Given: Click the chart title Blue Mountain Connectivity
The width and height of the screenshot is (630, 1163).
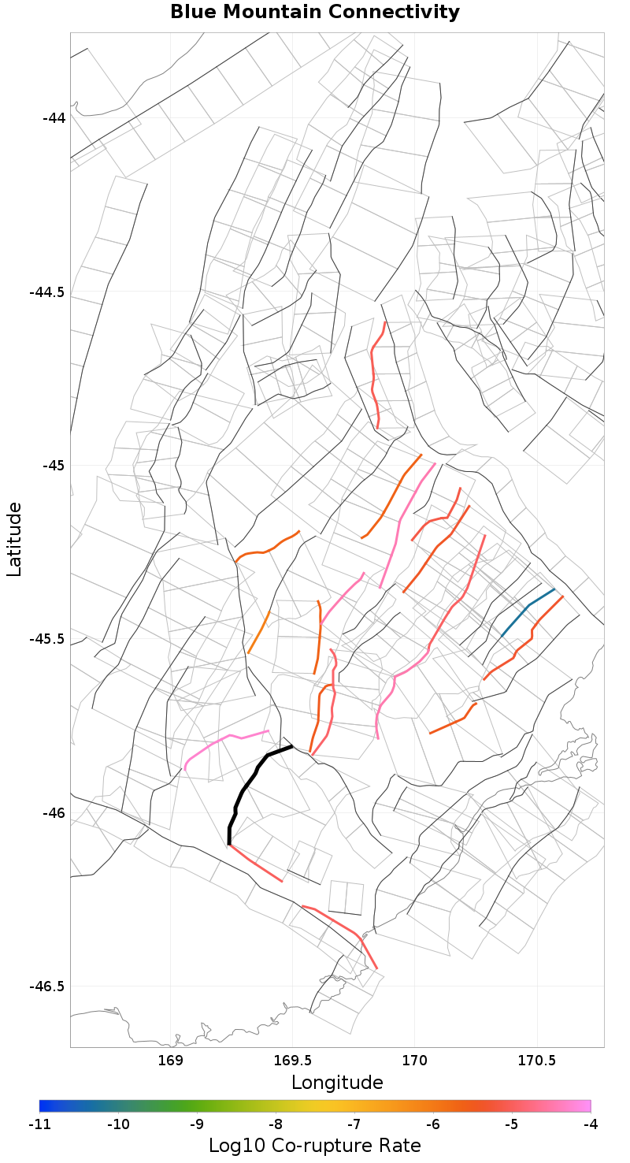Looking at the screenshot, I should pos(315,13).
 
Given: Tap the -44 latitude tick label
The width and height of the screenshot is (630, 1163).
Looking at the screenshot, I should pos(54,118).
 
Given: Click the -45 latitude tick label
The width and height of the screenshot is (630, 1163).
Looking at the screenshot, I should pos(54,466).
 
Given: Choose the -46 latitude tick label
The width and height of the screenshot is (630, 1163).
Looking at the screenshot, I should pos(54,812).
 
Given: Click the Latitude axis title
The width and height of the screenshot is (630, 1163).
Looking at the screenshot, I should pos(14,541).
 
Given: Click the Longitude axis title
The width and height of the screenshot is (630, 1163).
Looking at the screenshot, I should pos(337,1083).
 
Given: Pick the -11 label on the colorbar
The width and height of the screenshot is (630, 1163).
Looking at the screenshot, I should pos(39,1124).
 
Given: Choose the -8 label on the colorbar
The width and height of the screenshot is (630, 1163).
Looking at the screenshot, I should pos(276,1124).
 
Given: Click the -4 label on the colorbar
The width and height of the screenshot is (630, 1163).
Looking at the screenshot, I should pos(591,1124).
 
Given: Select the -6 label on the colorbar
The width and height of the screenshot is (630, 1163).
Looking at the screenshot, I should pos(433,1124).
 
